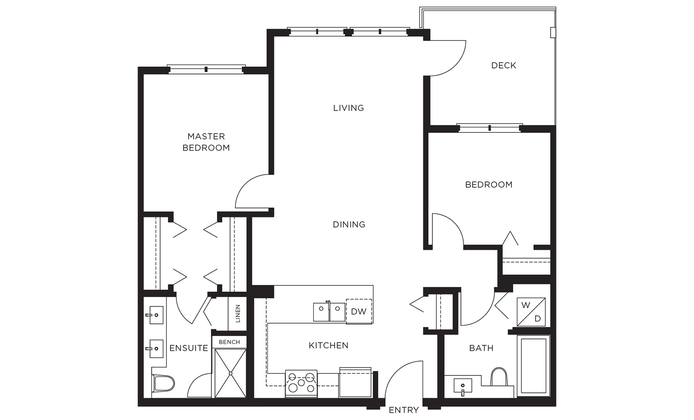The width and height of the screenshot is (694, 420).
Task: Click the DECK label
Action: click(x=504, y=66)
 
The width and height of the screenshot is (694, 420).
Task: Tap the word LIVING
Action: click(x=348, y=108)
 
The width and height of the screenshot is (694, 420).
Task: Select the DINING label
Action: click(x=349, y=224)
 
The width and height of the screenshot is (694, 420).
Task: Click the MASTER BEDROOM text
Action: click(x=206, y=142)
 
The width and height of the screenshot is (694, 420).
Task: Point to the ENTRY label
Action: click(x=403, y=410)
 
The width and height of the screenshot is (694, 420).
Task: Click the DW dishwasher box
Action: click(x=358, y=311)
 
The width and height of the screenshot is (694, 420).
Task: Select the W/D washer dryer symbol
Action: click(x=531, y=312)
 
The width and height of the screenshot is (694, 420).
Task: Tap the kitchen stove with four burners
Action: click(x=301, y=383)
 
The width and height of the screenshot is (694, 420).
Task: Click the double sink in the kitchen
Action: click(x=329, y=312)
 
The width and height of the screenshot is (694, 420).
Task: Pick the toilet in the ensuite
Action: click(x=163, y=383)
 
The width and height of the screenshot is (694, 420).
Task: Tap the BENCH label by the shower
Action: click(x=229, y=342)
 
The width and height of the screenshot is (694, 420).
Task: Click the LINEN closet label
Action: click(x=238, y=313)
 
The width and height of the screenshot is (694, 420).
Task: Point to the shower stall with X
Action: click(x=230, y=373)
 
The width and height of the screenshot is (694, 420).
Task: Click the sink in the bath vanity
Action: click(x=463, y=386)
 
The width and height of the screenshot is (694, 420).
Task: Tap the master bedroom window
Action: click(x=206, y=69)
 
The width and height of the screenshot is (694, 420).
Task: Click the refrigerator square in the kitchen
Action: click(x=355, y=383)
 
